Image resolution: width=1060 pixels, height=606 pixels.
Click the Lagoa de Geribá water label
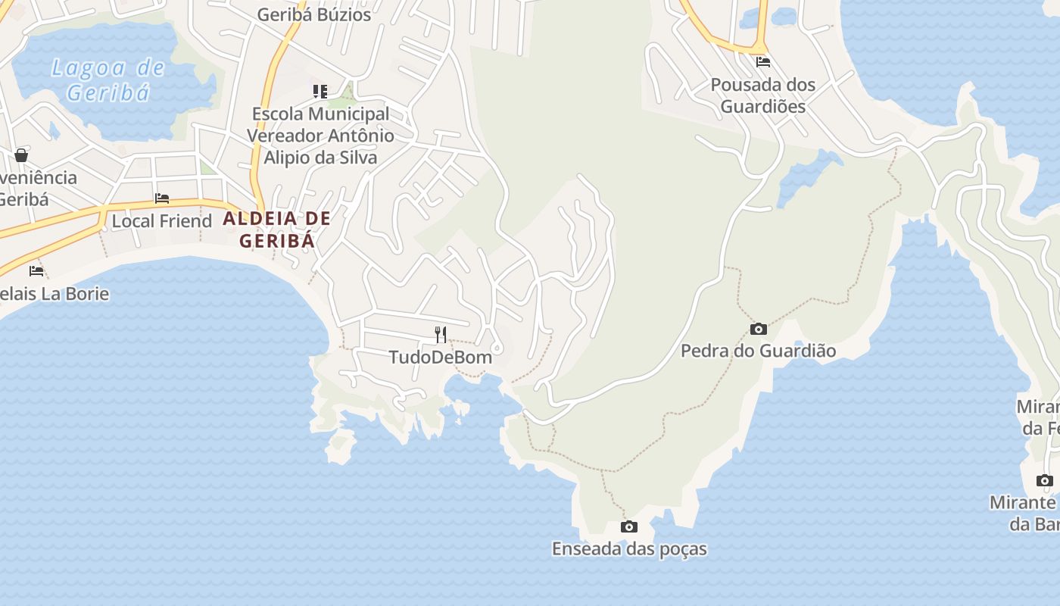108,80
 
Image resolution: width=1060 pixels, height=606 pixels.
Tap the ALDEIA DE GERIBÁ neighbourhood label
277,230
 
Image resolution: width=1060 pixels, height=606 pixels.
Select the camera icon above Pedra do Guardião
758,329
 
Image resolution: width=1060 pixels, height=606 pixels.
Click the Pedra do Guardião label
758,351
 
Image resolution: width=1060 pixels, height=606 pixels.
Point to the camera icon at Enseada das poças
628,526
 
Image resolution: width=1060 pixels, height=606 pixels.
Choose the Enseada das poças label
628,548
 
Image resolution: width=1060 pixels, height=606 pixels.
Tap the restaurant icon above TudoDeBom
441,334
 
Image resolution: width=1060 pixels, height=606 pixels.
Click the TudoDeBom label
441,357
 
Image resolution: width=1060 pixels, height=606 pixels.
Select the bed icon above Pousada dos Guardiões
762,61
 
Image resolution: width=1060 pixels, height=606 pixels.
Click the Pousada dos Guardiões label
762,95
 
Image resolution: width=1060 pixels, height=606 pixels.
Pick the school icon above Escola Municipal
320,92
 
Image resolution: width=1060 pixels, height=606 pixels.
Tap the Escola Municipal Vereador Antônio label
320,136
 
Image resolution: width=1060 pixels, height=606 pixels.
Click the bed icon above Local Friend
161,198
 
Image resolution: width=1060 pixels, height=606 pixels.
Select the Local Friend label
161,221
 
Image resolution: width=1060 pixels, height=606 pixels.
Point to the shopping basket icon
21,155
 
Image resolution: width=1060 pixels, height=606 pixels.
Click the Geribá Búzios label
314,14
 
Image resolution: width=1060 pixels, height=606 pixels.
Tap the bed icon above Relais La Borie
36,270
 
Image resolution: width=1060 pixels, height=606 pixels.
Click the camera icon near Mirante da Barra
1044,480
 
